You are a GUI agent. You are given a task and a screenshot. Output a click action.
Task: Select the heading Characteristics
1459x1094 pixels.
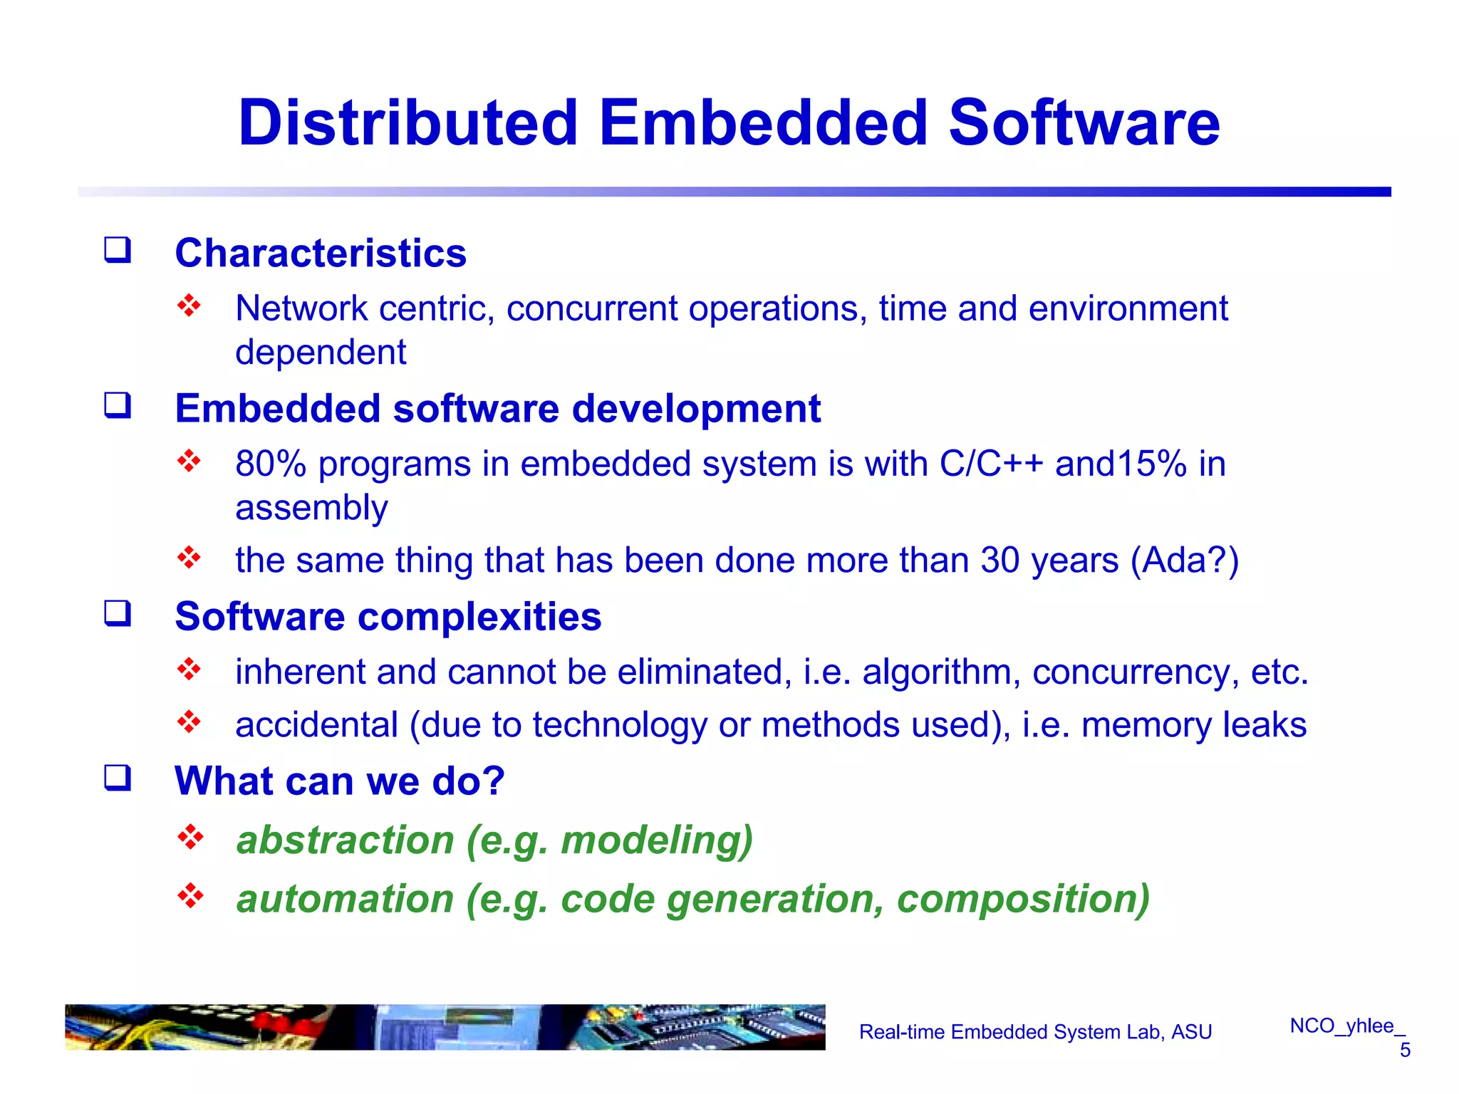(x=321, y=253)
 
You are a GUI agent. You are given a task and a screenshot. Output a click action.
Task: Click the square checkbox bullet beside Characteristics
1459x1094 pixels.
(x=118, y=250)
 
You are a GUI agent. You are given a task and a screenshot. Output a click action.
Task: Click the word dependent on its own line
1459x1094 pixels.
(x=321, y=353)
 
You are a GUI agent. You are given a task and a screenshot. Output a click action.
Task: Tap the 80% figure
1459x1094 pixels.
(x=271, y=464)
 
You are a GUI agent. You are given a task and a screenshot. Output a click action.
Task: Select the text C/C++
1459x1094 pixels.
(x=991, y=464)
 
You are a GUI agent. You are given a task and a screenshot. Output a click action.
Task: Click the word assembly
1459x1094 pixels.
(x=311, y=508)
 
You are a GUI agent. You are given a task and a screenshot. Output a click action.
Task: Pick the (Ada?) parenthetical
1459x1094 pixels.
(x=1185, y=560)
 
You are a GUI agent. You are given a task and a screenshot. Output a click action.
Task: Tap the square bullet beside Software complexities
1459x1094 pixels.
(x=118, y=613)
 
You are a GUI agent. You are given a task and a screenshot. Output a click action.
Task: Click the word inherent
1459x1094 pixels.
(x=300, y=672)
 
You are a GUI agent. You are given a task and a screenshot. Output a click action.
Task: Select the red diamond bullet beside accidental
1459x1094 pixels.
(x=189, y=722)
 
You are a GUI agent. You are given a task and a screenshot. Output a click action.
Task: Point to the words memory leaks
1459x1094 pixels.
(x=1194, y=725)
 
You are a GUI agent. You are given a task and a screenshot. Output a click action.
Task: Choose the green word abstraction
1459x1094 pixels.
(x=345, y=840)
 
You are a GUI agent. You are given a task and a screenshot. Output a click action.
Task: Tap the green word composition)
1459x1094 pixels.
(x=1023, y=899)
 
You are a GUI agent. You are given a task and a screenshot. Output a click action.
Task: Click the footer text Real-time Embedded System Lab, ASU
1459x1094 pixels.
(x=1035, y=1032)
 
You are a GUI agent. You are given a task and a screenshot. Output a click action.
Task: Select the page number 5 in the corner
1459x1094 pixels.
(x=1404, y=1050)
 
